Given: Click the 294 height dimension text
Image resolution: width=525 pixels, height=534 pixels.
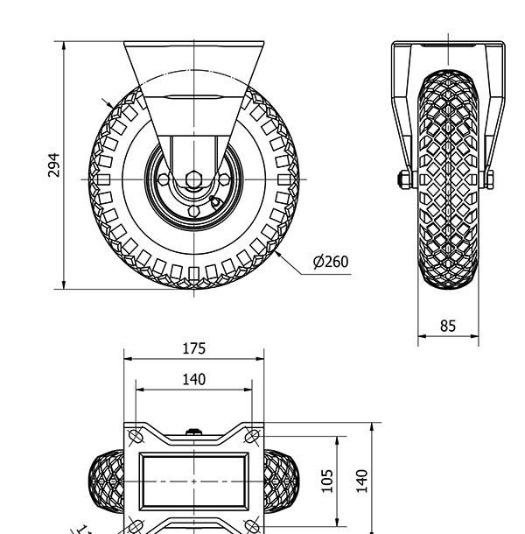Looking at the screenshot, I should [53, 165].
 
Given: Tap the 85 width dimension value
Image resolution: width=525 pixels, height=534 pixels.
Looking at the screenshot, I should [447, 326].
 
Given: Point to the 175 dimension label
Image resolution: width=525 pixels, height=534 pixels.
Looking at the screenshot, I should [193, 348].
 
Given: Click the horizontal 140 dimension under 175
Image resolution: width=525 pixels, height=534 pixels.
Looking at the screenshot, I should [193, 379].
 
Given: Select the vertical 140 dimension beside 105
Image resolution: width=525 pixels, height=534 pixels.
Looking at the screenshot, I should [361, 480].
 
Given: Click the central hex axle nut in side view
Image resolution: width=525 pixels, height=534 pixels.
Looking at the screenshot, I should [193, 179].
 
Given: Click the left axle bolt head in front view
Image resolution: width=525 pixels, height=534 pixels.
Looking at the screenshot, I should [404, 179].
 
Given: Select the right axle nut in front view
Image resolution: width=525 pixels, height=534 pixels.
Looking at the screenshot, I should [490, 179].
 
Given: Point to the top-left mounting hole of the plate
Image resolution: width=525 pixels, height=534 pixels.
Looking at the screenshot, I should [136, 436].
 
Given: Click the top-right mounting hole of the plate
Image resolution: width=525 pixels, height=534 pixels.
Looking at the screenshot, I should [252, 436].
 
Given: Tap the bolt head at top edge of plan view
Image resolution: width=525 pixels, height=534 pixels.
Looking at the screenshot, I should [193, 430].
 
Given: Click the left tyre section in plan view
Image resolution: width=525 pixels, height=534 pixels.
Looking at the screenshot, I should [107, 481].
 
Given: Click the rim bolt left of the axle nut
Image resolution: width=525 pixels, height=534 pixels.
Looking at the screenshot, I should [164, 179].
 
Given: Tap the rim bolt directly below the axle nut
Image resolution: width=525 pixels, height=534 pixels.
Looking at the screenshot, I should [193, 209].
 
